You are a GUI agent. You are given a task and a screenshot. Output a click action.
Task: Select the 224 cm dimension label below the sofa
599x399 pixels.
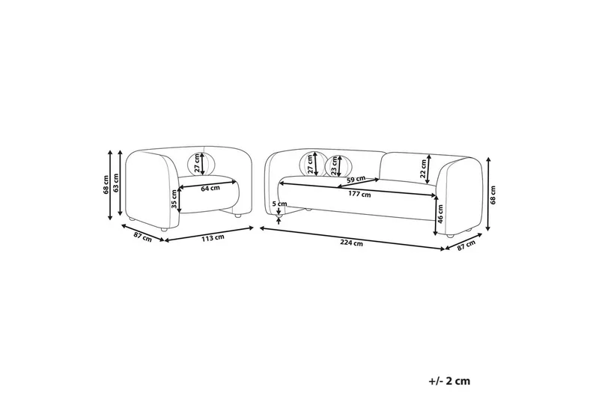point(352,243)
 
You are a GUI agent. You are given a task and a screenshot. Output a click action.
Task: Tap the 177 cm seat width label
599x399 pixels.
point(361,195)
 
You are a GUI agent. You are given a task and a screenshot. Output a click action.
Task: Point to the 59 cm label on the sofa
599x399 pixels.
point(356,179)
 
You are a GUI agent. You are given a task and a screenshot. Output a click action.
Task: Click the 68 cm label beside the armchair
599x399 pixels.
point(106,183)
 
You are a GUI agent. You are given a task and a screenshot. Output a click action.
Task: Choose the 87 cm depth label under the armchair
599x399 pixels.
point(142,238)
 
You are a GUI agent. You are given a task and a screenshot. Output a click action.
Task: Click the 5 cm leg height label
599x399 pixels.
point(279,204)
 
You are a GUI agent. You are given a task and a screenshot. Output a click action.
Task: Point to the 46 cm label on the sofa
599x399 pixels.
point(441,216)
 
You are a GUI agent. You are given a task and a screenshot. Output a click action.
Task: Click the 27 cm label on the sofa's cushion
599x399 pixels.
point(309,164)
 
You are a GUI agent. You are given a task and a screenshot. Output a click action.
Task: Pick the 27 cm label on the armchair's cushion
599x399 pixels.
point(198,162)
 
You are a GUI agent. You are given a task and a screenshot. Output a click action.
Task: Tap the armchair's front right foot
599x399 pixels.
point(237,216)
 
